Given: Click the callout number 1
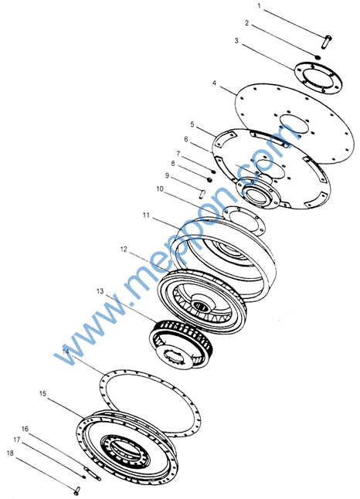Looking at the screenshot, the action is [x=259, y=6].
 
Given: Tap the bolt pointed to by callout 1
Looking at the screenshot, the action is [x=327, y=42].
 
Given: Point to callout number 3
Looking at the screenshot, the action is [x=236, y=41].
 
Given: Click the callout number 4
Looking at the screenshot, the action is [x=214, y=83].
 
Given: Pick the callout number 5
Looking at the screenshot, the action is [x=192, y=124].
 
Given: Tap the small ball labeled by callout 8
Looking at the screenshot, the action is [x=209, y=180].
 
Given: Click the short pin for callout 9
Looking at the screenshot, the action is [x=202, y=193].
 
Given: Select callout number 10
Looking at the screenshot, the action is [x=160, y=189].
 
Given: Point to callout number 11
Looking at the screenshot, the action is [x=146, y=216].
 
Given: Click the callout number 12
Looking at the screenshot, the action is [x=124, y=249].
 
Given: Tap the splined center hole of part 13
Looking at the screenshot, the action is [x=174, y=360].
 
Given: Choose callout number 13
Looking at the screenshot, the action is [x=100, y=291].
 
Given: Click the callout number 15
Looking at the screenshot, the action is [x=42, y=394].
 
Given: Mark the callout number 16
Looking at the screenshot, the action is [x=25, y=429].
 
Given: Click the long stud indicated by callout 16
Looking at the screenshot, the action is [x=92, y=474].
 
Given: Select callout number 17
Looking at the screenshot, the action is [x=17, y=440].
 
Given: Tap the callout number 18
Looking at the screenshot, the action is [x=11, y=453].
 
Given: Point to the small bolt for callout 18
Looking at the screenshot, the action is [x=77, y=491].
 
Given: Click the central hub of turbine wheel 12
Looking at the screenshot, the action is [x=201, y=304].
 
